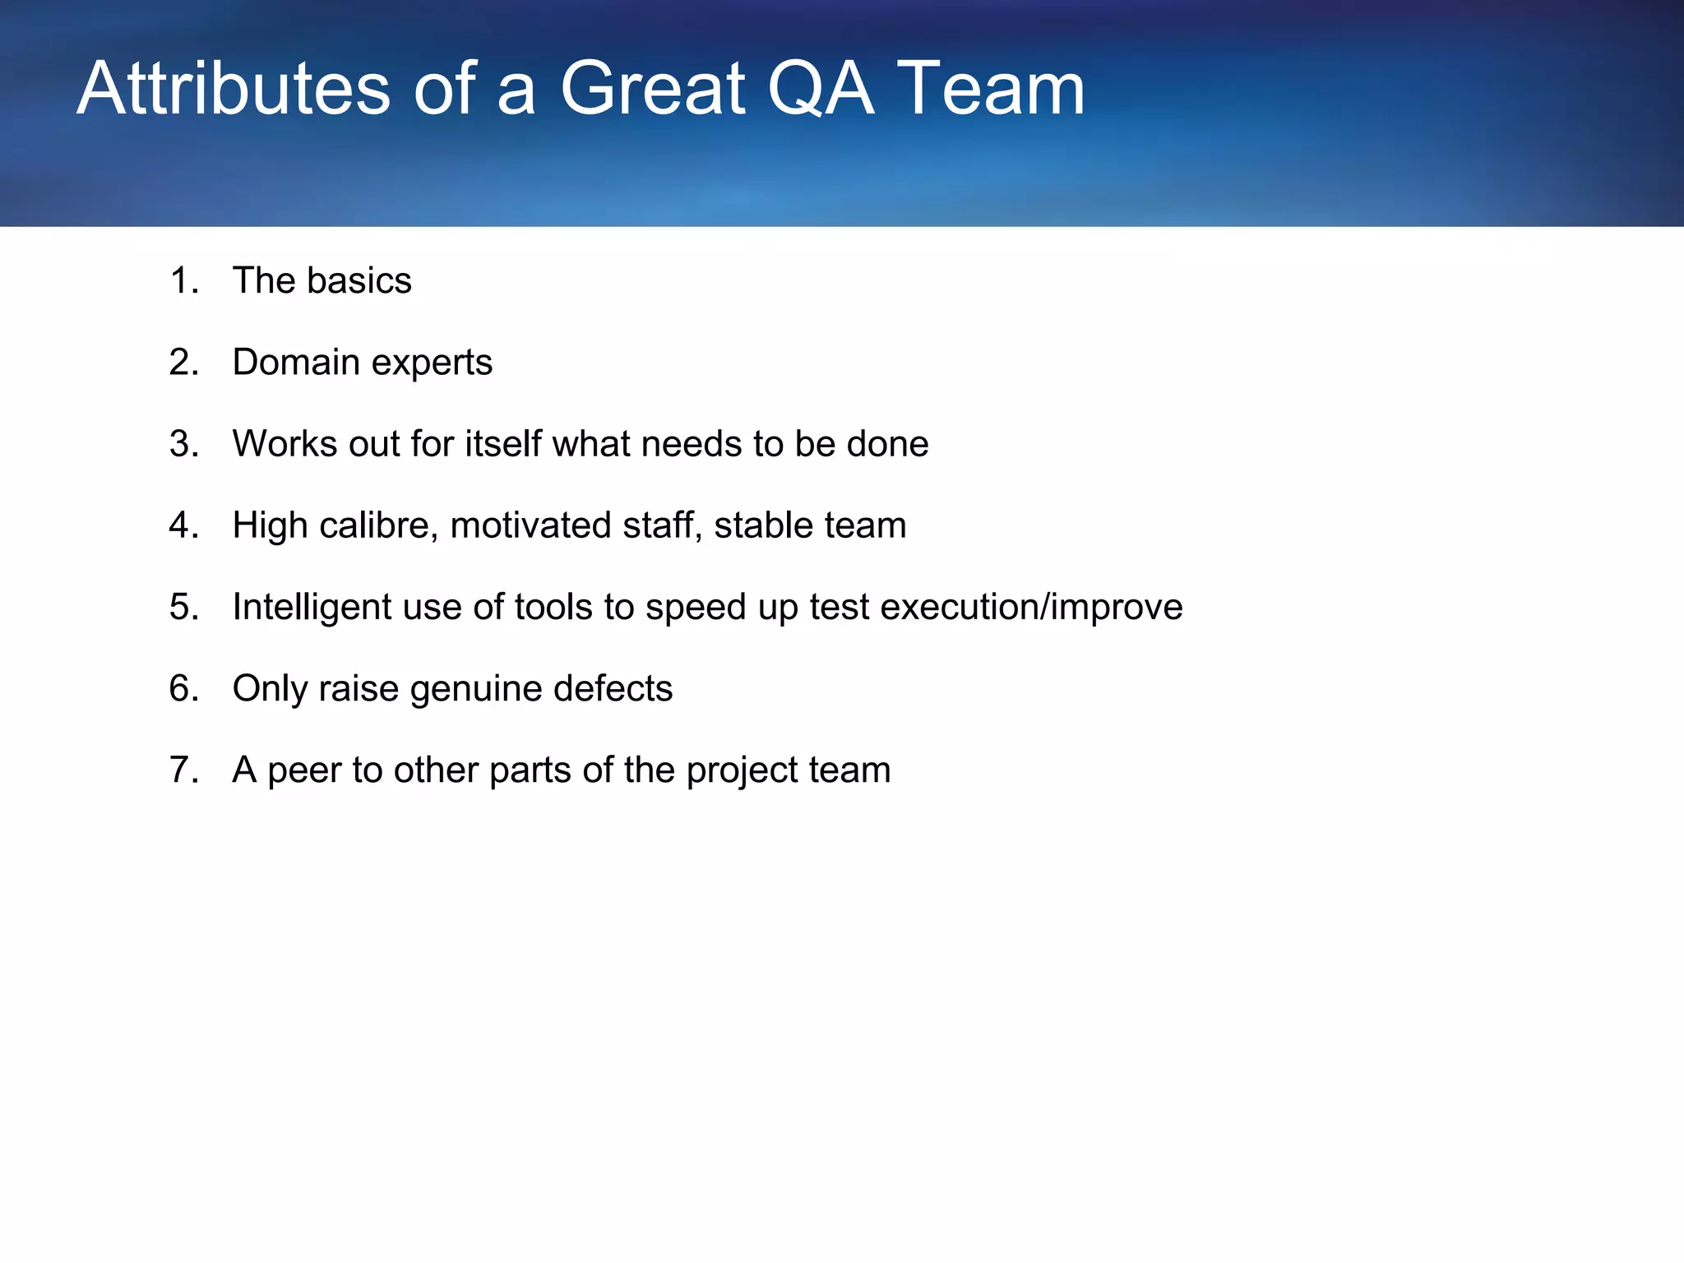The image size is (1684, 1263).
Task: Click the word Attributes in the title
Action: (x=234, y=88)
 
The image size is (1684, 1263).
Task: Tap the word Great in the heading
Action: (x=653, y=88)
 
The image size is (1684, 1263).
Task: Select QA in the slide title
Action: (x=821, y=88)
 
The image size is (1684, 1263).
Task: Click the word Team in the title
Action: (x=991, y=88)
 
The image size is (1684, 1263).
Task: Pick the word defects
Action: (x=613, y=688)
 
